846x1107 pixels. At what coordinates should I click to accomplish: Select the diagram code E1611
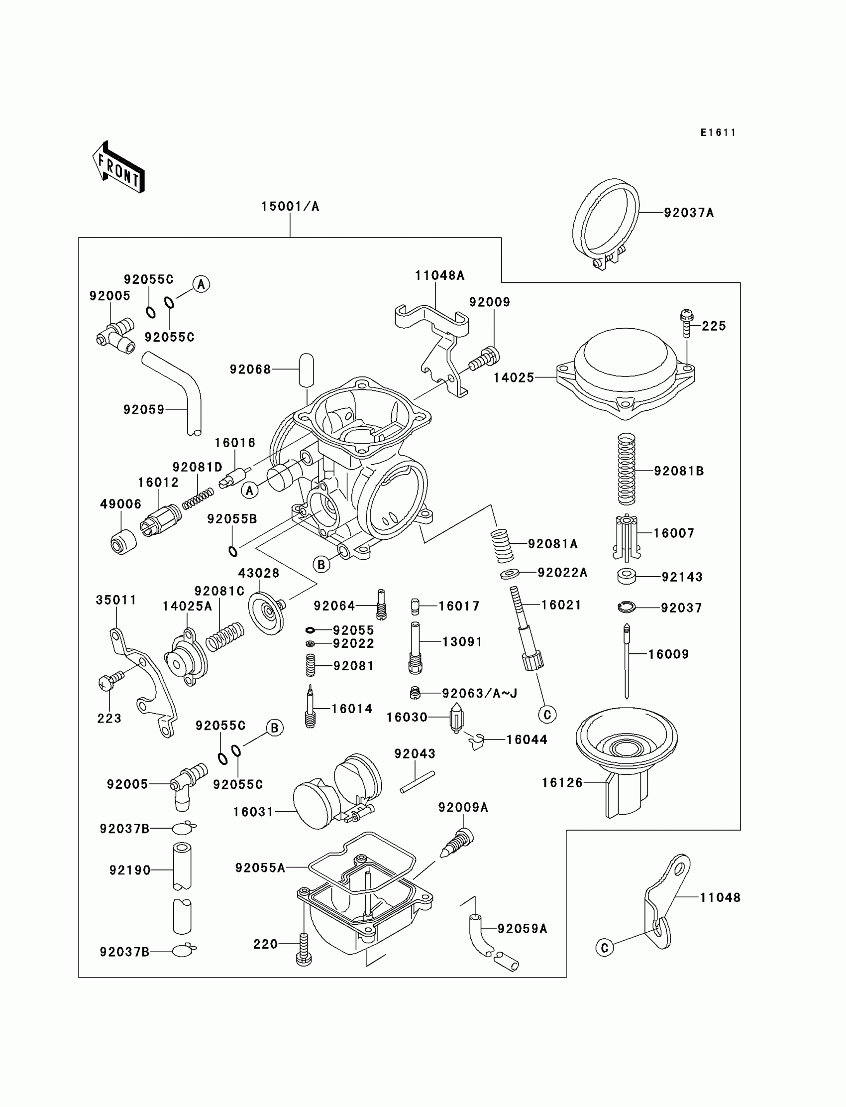[x=718, y=132]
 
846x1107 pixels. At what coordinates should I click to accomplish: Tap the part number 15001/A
[x=290, y=207]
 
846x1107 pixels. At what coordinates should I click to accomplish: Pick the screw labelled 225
[x=686, y=324]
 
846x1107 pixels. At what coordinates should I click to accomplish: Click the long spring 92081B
[x=627, y=469]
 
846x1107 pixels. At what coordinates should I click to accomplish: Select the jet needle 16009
[x=627, y=661]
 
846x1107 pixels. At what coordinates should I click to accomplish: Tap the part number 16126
[x=562, y=782]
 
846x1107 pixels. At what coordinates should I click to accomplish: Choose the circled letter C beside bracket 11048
[x=604, y=948]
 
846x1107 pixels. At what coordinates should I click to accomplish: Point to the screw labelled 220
[x=304, y=949]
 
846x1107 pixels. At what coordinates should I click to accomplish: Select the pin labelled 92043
[x=418, y=782]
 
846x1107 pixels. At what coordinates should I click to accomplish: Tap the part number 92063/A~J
[x=479, y=693]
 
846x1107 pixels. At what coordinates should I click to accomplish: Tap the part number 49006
[x=121, y=504]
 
